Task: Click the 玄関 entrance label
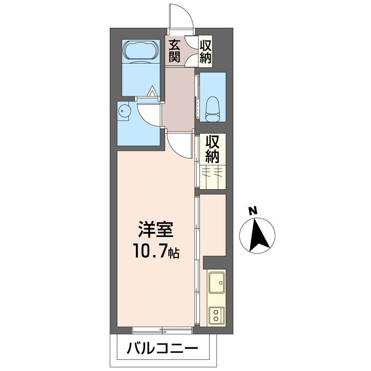click(174, 51)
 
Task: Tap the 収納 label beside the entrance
click(205, 51)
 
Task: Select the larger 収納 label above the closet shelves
click(212, 148)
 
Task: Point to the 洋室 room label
click(155, 230)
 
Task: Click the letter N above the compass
click(253, 211)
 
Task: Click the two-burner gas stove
click(216, 315)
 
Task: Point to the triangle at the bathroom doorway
click(152, 92)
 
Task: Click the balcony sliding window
click(162, 330)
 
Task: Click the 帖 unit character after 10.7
click(174, 253)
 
